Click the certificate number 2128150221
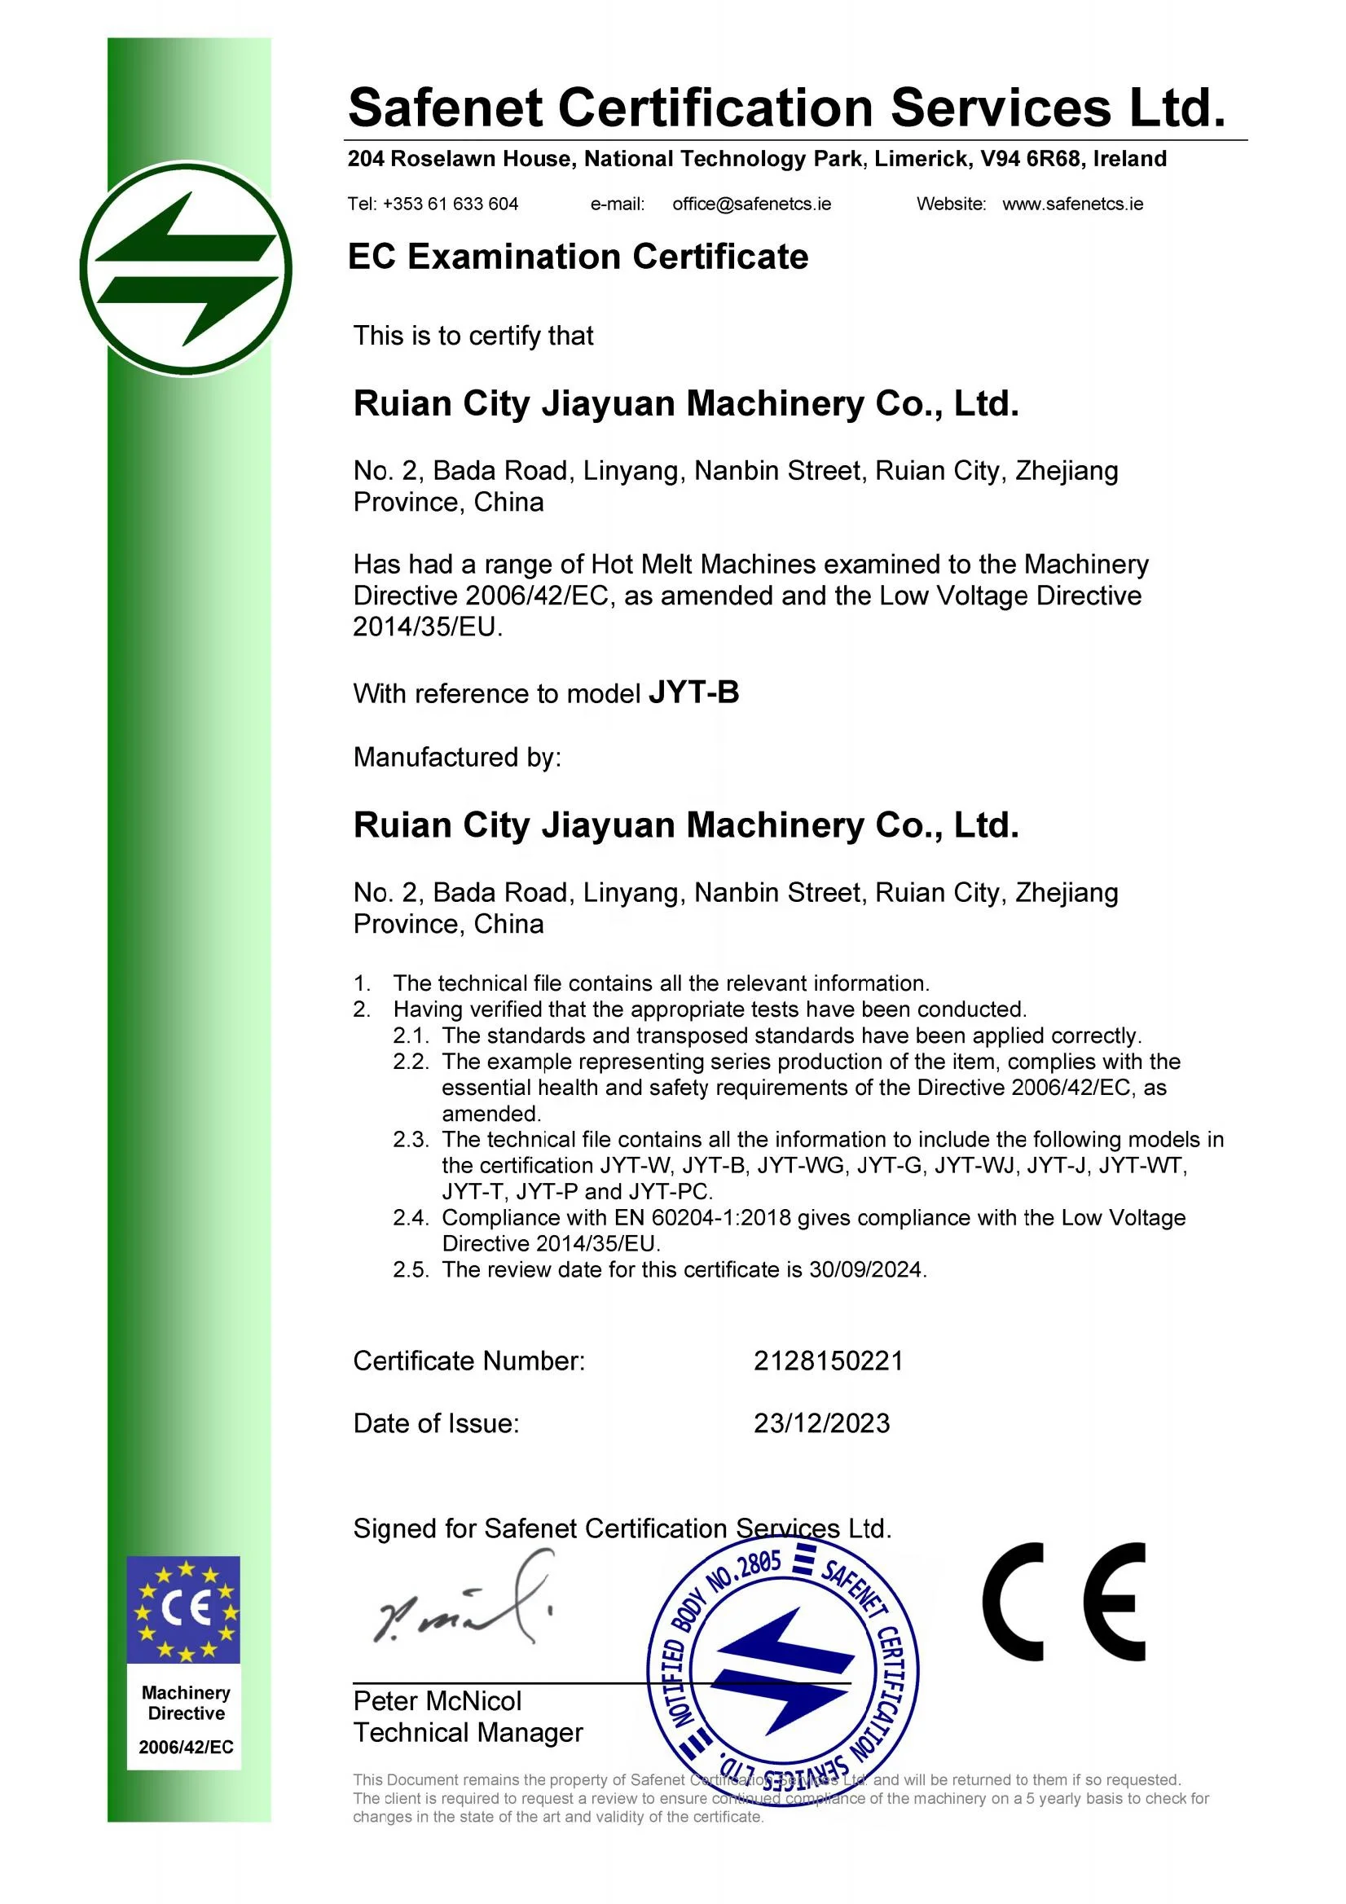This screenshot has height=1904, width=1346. click(828, 1361)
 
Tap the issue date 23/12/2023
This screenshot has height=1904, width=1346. click(821, 1423)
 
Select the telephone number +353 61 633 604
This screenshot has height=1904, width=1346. click(451, 204)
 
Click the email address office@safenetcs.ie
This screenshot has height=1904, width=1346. click(751, 204)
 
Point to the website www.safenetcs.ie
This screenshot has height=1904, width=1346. click(1072, 204)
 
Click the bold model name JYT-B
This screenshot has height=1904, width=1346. click(693, 693)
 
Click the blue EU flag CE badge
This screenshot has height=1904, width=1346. click(183, 1610)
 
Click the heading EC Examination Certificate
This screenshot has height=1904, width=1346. click(578, 257)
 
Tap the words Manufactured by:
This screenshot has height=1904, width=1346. click(457, 757)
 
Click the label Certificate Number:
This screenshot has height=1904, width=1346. click(468, 1361)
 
